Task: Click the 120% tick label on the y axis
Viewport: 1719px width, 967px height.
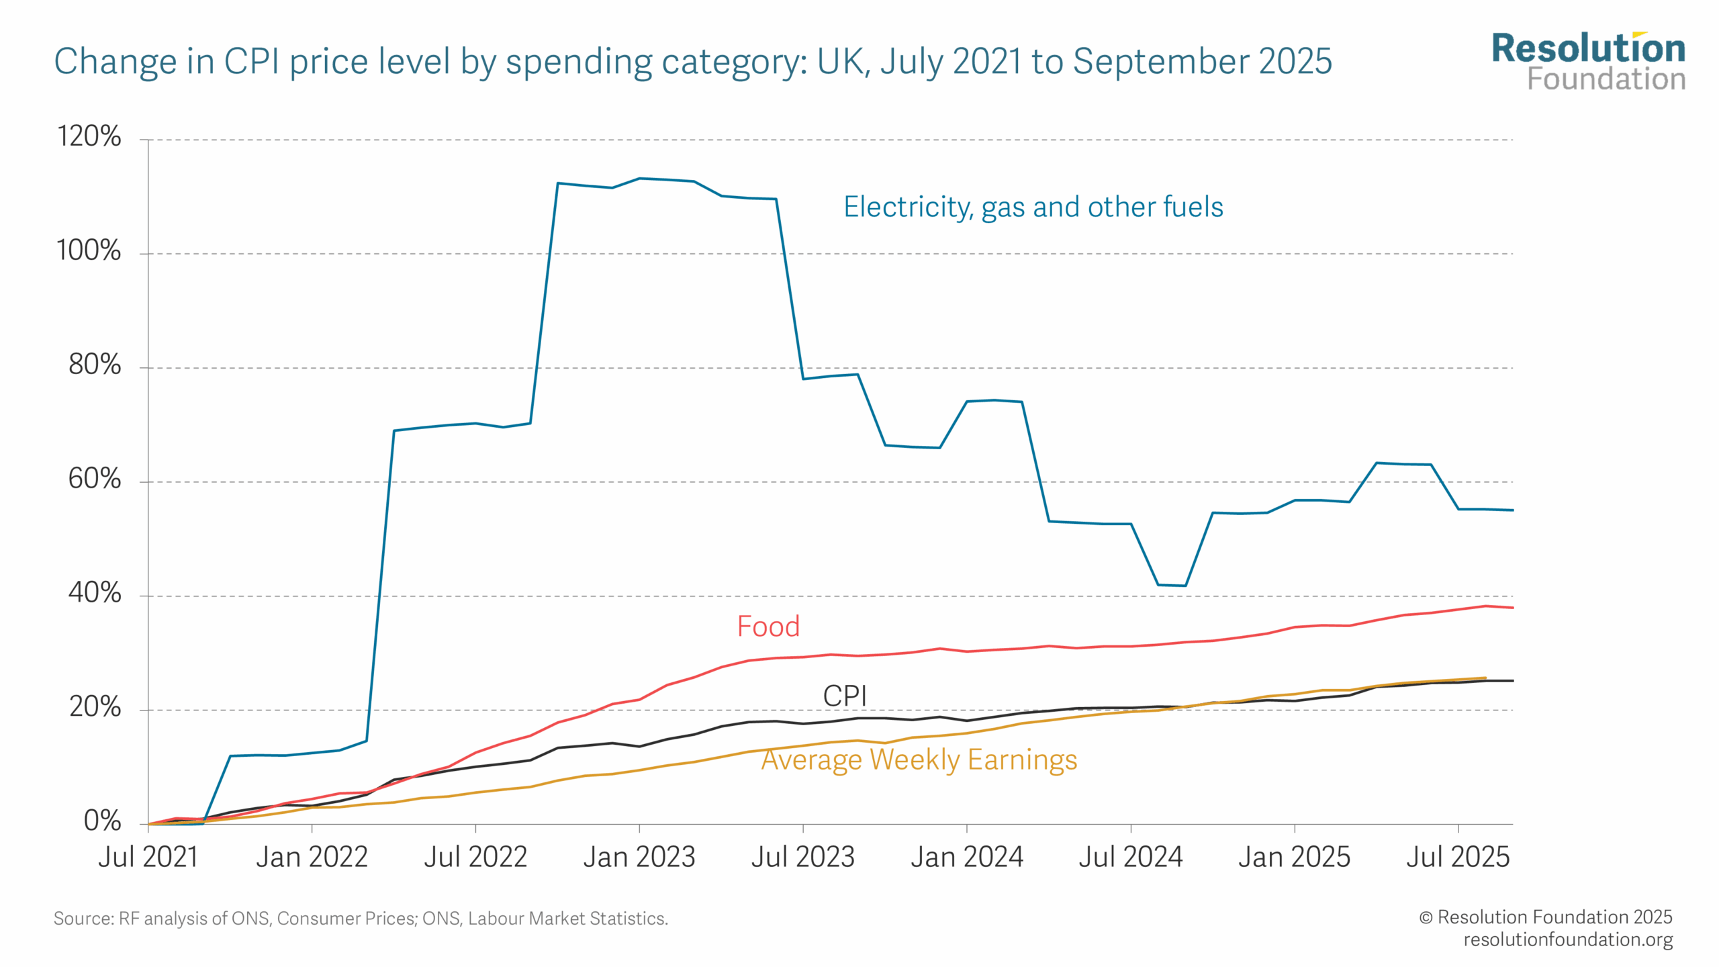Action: (89, 136)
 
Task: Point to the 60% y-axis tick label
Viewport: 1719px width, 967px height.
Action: (95, 479)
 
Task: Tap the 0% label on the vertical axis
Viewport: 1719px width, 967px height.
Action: (102, 821)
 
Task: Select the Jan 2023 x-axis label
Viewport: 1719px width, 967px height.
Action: (639, 857)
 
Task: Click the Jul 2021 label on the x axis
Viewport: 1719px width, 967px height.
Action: (148, 857)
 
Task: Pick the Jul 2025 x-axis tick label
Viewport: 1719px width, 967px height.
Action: (1458, 857)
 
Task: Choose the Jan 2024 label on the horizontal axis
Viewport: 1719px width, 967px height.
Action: (966, 857)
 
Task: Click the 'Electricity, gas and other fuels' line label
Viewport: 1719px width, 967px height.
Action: (1033, 207)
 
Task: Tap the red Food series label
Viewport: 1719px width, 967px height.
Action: (768, 627)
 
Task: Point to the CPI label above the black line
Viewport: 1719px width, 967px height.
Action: (845, 696)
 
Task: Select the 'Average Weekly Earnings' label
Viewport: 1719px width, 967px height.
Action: (919, 759)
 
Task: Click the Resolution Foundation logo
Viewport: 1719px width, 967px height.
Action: (1588, 62)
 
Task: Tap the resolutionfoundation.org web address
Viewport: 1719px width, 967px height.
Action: (1568, 939)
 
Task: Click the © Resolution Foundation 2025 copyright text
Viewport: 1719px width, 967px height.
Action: (1545, 917)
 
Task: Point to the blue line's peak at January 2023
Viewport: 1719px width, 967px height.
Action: (639, 179)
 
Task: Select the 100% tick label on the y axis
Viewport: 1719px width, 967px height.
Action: (89, 250)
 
